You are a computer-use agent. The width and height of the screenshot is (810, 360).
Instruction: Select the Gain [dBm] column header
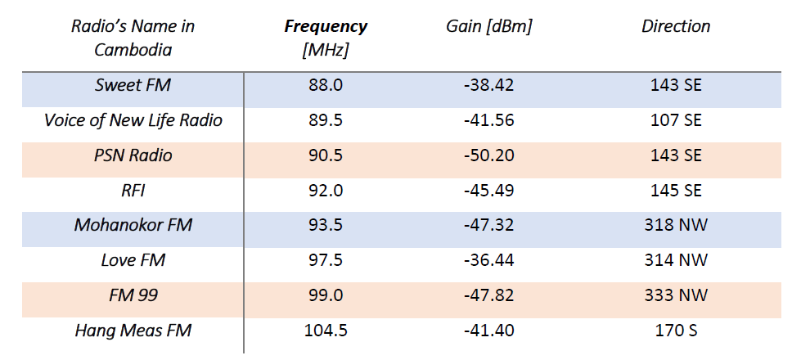[489, 26]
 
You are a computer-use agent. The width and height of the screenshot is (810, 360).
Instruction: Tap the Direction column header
[676, 26]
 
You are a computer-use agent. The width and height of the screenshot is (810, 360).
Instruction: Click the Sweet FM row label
[133, 85]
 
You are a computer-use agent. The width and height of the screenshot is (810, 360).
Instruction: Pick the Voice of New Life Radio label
[133, 120]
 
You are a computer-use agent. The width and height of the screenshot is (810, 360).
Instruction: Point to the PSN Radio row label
[133, 155]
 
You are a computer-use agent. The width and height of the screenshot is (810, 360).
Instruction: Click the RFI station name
[133, 190]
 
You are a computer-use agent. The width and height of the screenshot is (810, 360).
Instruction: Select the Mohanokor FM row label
[133, 225]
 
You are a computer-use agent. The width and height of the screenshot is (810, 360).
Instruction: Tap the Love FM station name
[133, 260]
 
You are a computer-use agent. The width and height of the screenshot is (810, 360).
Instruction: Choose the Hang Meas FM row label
[133, 331]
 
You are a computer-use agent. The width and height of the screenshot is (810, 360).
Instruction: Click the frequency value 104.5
[326, 331]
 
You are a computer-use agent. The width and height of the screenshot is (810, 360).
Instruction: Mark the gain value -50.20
[489, 155]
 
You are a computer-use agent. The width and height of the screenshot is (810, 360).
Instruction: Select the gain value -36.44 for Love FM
[489, 260]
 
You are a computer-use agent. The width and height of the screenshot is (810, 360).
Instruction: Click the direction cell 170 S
[676, 331]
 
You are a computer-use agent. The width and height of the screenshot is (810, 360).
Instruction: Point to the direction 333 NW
[676, 295]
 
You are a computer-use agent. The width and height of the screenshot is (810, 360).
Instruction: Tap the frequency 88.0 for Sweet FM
[326, 85]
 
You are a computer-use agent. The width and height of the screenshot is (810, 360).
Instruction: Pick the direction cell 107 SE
[676, 120]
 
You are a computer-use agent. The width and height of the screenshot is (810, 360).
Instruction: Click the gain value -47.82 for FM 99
[489, 295]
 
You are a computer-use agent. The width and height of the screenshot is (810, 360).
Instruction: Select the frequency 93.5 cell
[326, 225]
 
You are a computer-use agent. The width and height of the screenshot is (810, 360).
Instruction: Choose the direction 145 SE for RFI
[676, 190]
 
